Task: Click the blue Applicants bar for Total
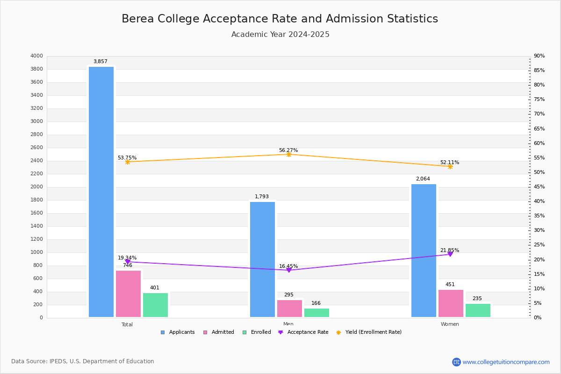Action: click(x=101, y=192)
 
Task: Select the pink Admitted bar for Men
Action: click(x=289, y=309)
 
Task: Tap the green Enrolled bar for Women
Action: click(x=478, y=310)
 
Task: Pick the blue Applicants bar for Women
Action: click(x=424, y=251)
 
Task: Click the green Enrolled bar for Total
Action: click(x=155, y=305)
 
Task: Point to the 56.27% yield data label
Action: click(x=288, y=150)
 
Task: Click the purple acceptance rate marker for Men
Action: click(x=288, y=270)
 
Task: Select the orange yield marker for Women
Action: click(x=450, y=166)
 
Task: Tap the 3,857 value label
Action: click(x=100, y=61)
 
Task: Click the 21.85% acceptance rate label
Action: click(x=449, y=250)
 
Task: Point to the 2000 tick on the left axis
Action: click(x=36, y=187)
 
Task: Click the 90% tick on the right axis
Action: click(x=539, y=56)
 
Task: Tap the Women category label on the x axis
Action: click(x=450, y=324)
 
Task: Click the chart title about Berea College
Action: click(x=280, y=19)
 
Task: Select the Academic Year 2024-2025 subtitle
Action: click(x=280, y=35)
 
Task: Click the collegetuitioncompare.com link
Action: click(x=506, y=362)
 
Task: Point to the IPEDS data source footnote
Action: click(x=83, y=361)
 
